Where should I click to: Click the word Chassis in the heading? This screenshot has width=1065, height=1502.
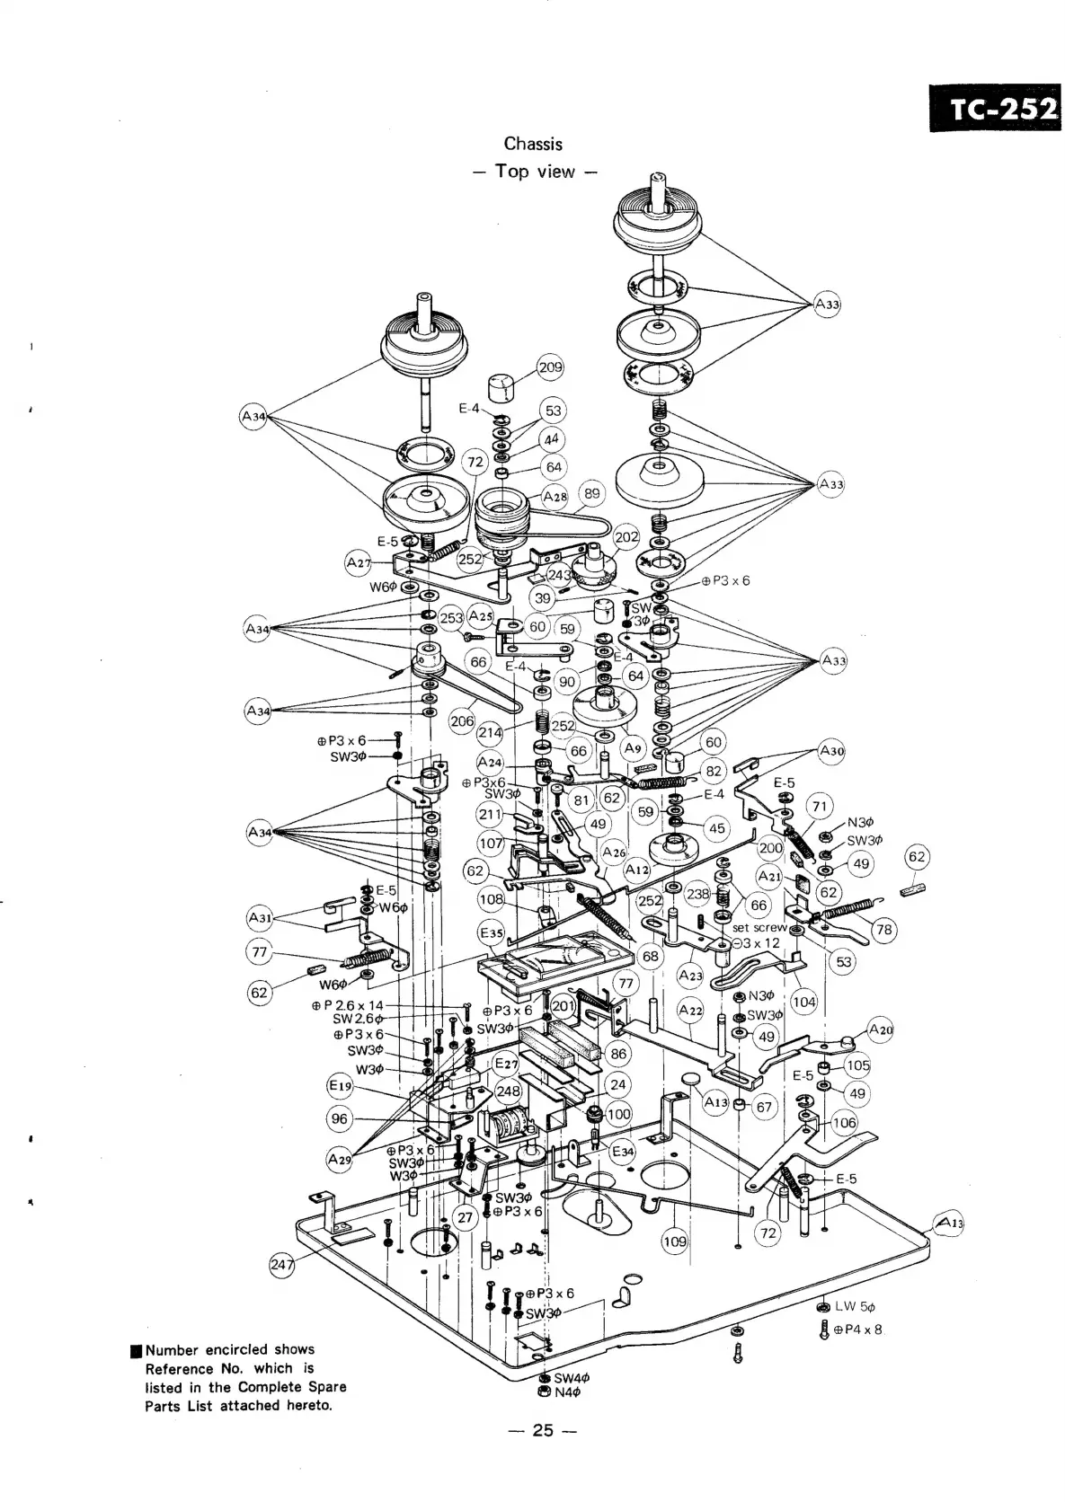pos(533,144)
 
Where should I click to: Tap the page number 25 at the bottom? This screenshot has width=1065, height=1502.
pos(543,1430)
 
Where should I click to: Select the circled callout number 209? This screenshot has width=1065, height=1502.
pos(549,367)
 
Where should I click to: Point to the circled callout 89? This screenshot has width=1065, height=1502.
pos(591,493)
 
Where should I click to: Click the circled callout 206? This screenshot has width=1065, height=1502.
pos(462,721)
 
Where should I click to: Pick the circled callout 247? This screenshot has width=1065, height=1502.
pos(282,1266)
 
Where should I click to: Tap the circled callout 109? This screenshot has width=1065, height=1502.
pos(674,1241)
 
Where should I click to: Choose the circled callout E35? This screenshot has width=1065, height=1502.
pos(491,933)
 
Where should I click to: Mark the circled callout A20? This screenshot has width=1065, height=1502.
pos(881,1029)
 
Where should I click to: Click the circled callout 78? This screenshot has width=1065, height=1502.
pos(884,929)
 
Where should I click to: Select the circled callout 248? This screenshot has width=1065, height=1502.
pos(509,1091)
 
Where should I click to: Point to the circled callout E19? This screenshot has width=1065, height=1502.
pos(340,1085)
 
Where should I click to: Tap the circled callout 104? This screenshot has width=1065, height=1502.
pos(804,1003)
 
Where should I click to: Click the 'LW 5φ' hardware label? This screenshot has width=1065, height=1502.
pos(855,1306)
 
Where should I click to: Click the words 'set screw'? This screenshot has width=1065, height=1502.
pos(759,927)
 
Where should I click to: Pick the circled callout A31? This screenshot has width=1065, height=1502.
pos(259,918)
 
